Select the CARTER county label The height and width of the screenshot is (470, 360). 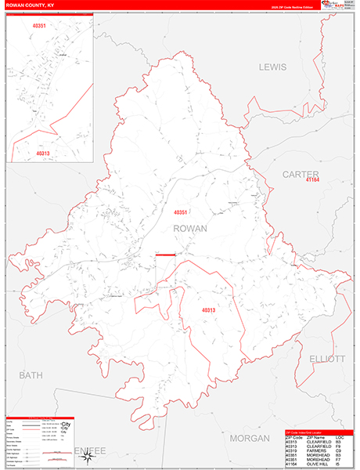click(x=301, y=174)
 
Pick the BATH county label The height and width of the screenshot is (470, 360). click(x=33, y=375)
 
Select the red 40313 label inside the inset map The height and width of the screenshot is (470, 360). click(x=41, y=154)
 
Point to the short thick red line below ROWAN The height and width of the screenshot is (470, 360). click(x=165, y=254)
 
